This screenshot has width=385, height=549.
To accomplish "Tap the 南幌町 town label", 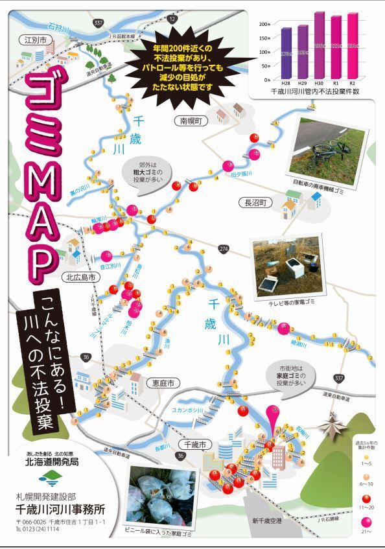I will tap(192, 121).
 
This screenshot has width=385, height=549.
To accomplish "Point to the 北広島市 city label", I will tap(81, 277).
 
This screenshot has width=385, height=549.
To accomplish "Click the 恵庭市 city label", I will tap(161, 383).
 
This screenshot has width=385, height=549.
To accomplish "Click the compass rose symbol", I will tap(334, 426).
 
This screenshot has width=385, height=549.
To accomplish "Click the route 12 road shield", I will tap(172, 19).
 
